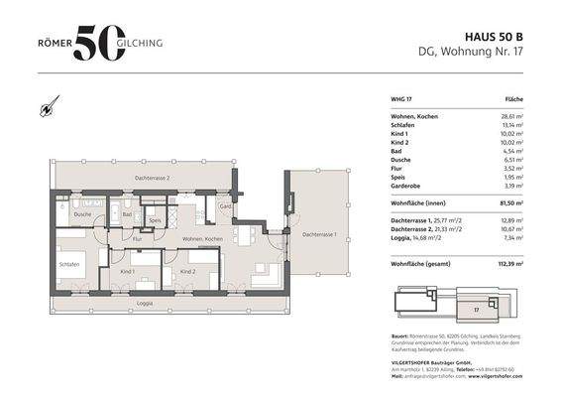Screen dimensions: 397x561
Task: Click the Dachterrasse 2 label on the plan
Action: click(x=153, y=178)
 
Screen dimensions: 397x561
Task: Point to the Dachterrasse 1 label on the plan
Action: click(x=319, y=234)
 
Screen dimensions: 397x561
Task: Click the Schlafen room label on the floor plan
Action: click(x=68, y=265)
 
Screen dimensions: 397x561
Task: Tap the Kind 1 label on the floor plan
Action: click(x=127, y=271)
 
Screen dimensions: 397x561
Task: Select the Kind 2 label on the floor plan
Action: click(x=186, y=271)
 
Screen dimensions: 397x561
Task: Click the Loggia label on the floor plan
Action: click(x=145, y=303)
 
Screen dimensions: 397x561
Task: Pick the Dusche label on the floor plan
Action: click(x=83, y=214)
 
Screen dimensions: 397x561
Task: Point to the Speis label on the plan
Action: click(x=156, y=220)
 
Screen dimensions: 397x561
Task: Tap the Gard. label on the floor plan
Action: click(x=225, y=206)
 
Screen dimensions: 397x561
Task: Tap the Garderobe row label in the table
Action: click(x=408, y=185)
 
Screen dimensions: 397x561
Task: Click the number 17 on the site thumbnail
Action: click(x=475, y=311)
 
